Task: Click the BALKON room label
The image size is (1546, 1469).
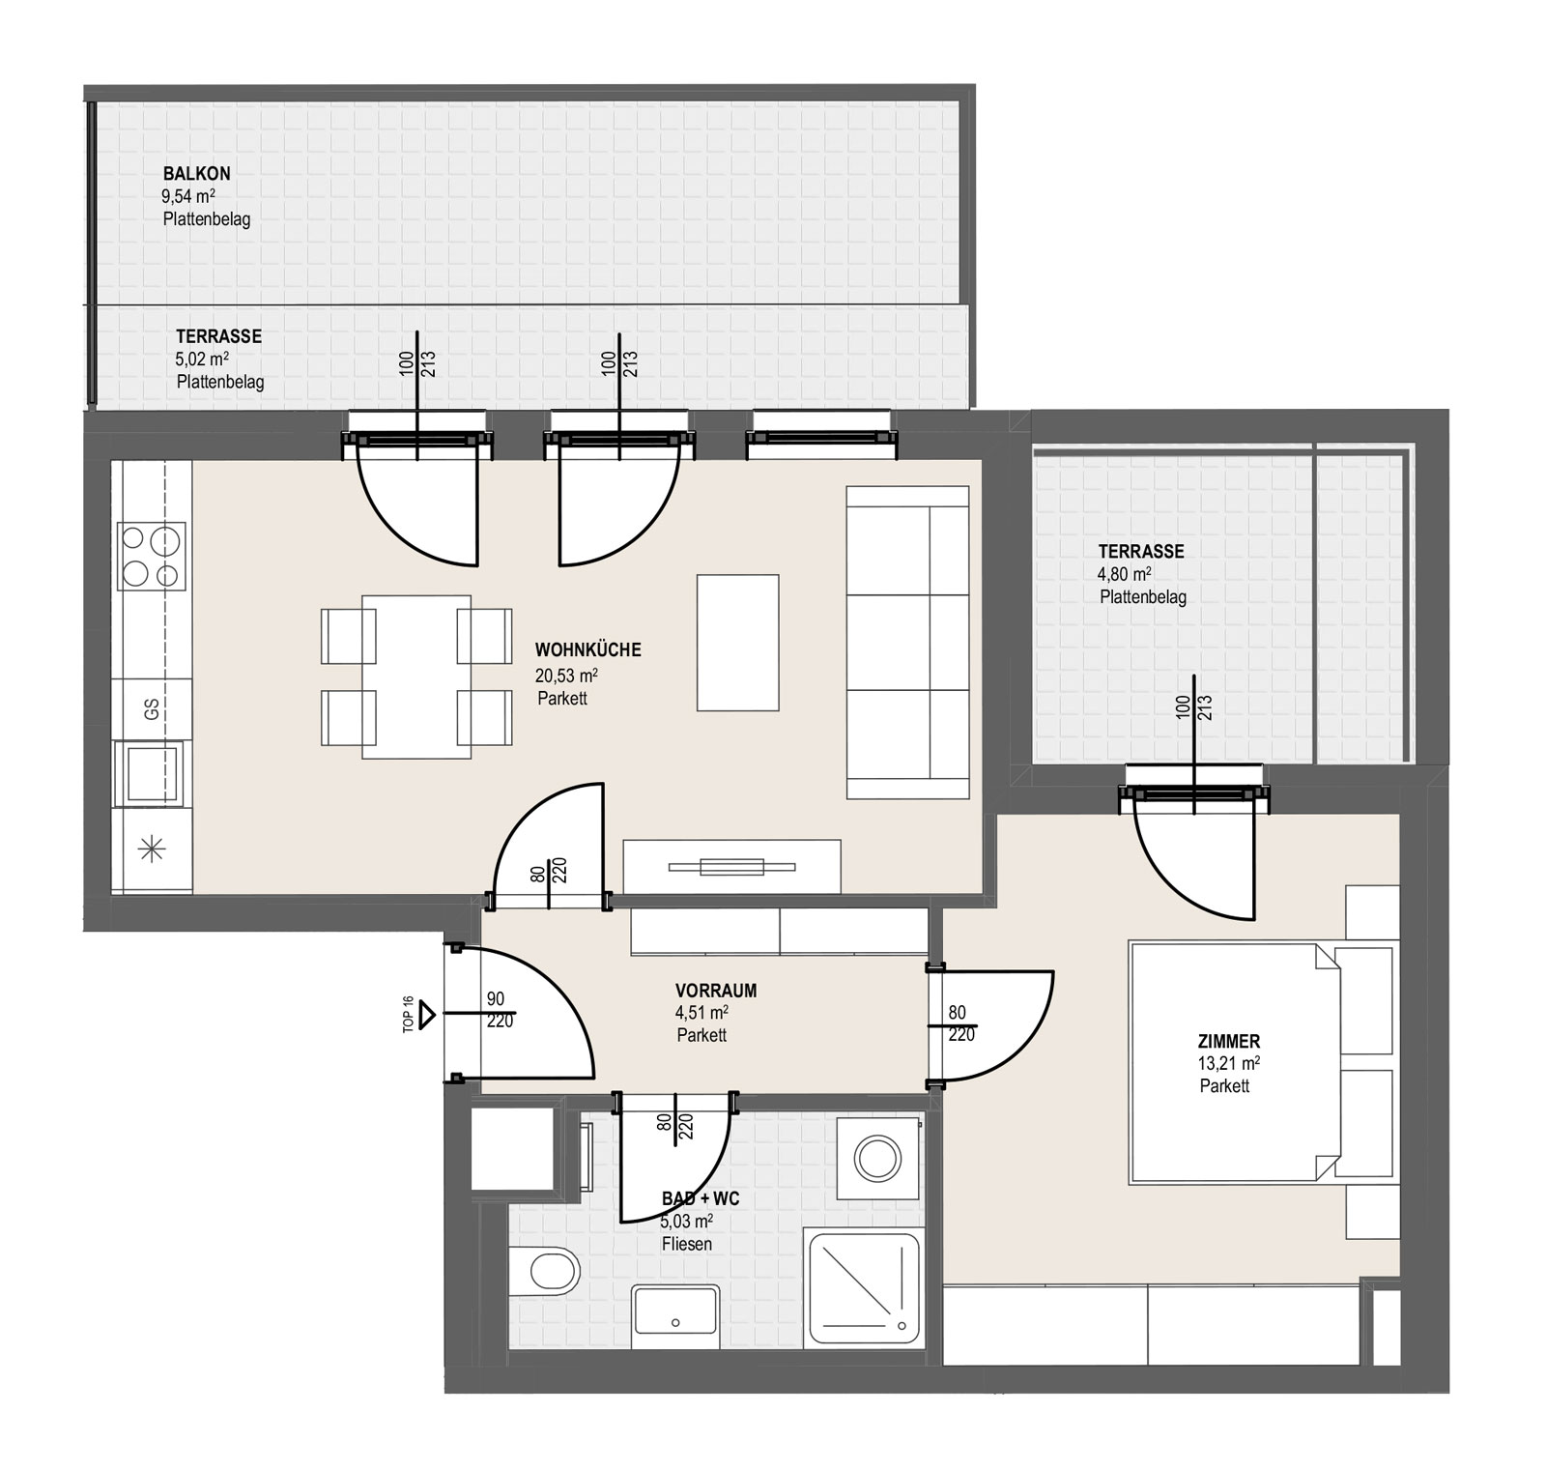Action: point(196,174)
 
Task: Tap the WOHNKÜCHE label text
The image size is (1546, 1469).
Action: point(587,650)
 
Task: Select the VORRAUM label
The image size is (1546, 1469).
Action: point(716,991)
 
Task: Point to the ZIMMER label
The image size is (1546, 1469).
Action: point(1228,1042)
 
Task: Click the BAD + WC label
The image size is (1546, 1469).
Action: point(701,1199)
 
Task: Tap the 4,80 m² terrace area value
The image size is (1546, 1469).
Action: point(1124,574)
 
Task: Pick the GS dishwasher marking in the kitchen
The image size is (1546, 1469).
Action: point(152,709)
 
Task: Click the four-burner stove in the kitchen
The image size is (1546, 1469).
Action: point(152,556)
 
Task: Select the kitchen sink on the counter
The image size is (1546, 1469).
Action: point(149,773)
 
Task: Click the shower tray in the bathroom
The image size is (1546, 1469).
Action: point(863,1287)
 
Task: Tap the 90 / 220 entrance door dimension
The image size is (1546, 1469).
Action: point(499,1010)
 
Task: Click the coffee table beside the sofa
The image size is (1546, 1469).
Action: point(738,643)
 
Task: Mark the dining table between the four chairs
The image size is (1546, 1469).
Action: point(416,677)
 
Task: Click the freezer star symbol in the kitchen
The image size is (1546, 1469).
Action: point(153,850)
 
